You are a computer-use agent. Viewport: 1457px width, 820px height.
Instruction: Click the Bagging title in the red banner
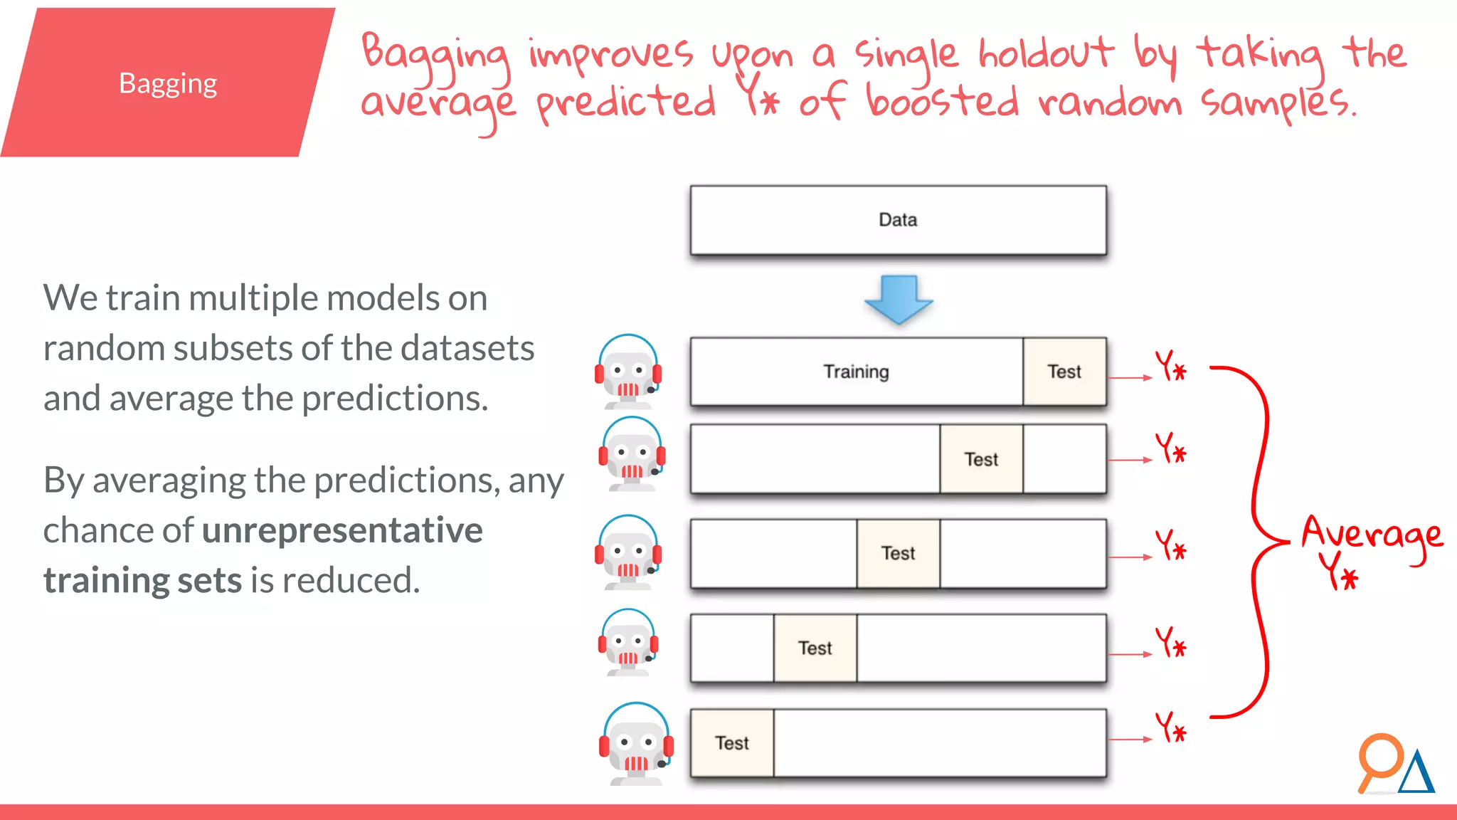(168, 84)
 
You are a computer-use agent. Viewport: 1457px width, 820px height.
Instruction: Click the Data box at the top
(898, 220)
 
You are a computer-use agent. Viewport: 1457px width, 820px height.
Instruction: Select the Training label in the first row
(856, 372)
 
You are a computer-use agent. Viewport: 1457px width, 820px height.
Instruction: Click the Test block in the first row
(1064, 372)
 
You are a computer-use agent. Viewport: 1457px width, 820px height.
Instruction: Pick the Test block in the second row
(981, 460)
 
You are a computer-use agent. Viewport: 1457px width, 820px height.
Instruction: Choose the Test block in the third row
(898, 554)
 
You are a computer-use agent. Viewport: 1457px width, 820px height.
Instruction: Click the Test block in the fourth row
(815, 648)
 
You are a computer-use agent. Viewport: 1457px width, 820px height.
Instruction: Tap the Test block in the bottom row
(732, 743)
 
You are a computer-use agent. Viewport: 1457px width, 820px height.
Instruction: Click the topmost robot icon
(628, 372)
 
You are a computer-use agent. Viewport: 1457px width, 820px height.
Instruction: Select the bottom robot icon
(636, 745)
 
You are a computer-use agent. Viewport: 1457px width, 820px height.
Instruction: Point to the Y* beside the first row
(1170, 367)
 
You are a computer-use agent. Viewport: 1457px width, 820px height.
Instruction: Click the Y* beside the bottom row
(1170, 728)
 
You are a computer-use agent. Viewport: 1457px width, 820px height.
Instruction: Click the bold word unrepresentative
(342, 530)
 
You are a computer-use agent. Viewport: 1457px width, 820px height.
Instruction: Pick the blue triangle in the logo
(1416, 774)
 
